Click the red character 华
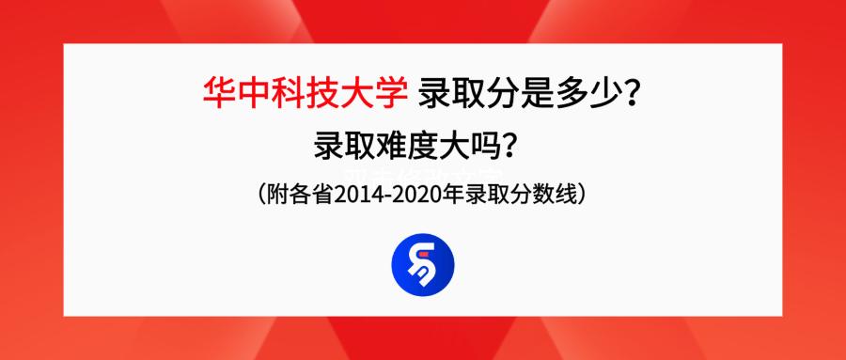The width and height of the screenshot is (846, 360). [218, 93]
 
